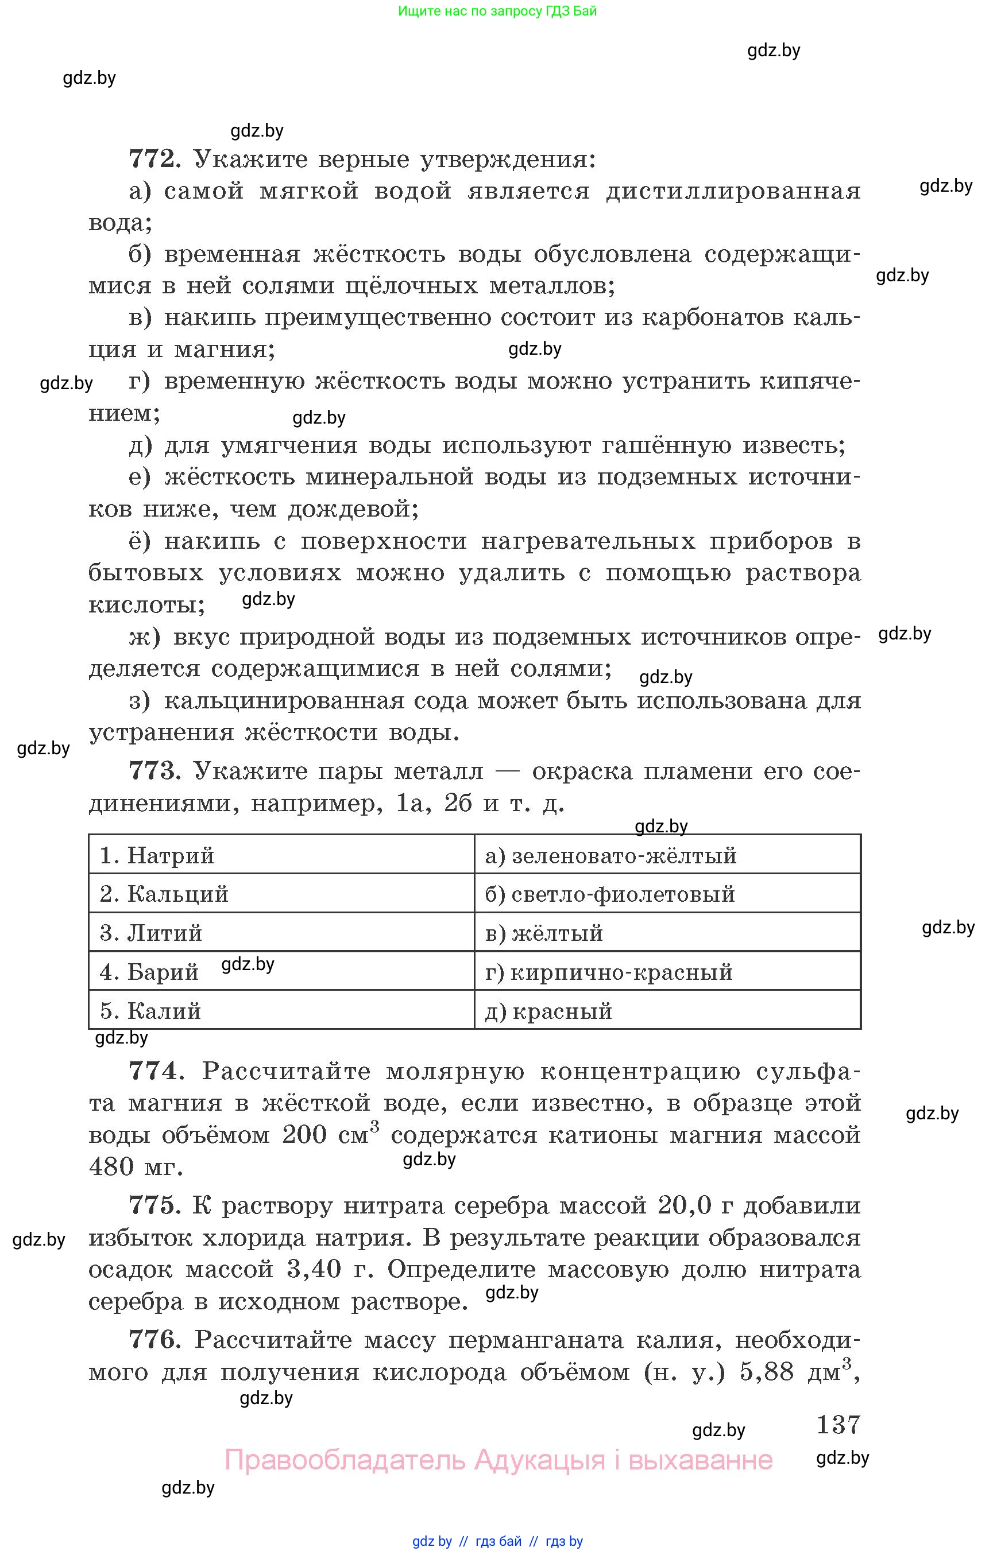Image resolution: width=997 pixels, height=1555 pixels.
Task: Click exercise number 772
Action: tap(153, 158)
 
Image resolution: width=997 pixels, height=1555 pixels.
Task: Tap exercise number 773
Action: tap(153, 771)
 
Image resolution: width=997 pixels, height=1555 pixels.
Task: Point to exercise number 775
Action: tap(153, 1205)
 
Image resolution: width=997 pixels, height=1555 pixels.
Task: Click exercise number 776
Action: tap(153, 1340)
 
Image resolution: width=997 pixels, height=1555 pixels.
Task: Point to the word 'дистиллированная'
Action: tap(733, 191)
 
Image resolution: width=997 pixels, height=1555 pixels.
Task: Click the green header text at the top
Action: tap(497, 11)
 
